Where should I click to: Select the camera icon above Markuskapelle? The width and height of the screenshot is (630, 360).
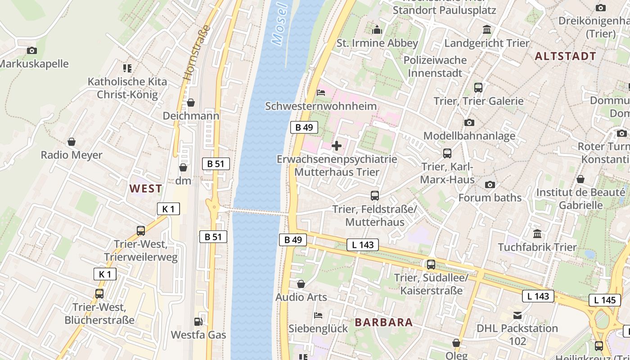[x=31, y=50]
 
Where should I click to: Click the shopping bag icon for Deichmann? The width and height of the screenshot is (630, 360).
[x=191, y=103]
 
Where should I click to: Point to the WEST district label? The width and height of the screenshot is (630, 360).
[x=146, y=189]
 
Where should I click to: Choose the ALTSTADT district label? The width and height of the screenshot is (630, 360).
[x=565, y=57]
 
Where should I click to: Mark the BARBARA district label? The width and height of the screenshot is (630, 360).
[x=384, y=322]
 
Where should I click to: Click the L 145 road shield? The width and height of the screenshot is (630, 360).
[x=604, y=300]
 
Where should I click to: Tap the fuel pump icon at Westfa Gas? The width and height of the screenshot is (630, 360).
[x=198, y=321]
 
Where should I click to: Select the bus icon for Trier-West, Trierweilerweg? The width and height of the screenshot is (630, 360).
[x=141, y=231]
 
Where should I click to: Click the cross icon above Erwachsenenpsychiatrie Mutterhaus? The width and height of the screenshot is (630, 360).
[x=336, y=146]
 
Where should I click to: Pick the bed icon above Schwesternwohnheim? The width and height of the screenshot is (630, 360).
[x=321, y=93]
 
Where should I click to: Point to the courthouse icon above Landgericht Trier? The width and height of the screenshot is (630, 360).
[x=486, y=30]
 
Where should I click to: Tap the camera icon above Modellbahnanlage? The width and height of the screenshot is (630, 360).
[x=469, y=122]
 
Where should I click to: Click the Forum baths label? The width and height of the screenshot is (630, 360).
[x=490, y=198]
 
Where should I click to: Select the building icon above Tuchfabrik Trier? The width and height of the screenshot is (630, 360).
[x=537, y=234]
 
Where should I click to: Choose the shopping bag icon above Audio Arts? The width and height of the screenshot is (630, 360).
[x=301, y=284]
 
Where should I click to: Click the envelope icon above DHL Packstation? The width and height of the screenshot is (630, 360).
[x=517, y=315]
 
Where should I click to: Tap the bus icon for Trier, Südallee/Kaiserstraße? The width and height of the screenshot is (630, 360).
[x=431, y=265]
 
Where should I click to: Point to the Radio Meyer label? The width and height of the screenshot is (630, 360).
[x=72, y=155]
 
